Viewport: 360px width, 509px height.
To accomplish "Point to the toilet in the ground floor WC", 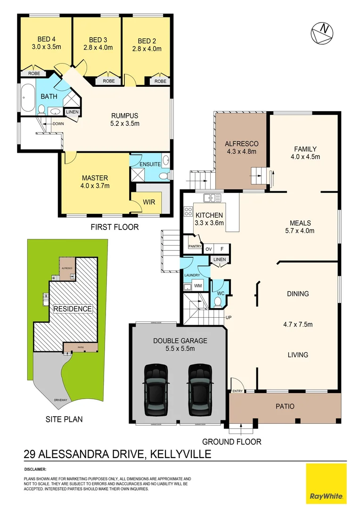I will [218, 300].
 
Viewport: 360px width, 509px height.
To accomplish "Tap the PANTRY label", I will [195, 246].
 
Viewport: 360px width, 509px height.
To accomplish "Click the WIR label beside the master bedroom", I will [148, 202].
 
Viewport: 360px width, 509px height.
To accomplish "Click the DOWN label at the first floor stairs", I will [58, 124].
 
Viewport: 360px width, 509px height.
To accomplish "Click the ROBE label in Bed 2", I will [160, 82].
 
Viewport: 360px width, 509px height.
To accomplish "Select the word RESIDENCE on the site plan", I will [72, 309].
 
